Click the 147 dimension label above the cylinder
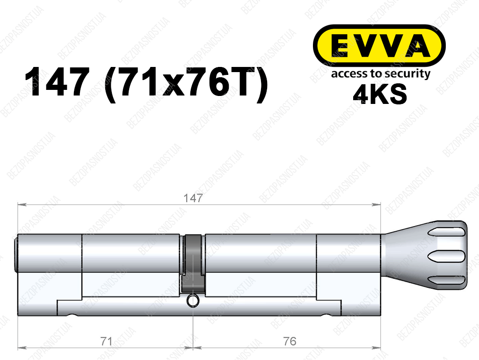pos(193,198)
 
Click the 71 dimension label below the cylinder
pos(106,341)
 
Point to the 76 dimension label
pos(290,341)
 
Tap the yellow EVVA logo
pos(379,45)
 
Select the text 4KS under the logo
pos(380,94)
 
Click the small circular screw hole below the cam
pos(193,301)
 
